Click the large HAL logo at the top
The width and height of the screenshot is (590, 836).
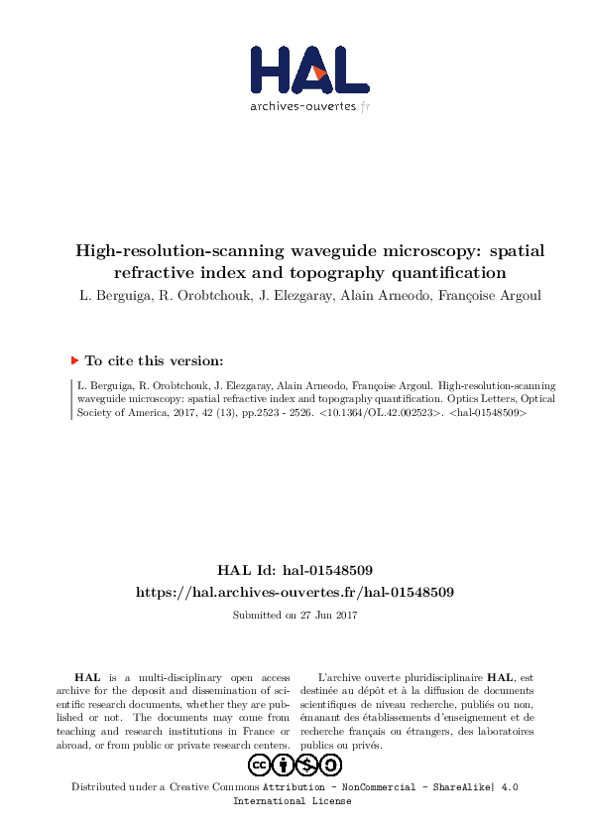click(x=308, y=70)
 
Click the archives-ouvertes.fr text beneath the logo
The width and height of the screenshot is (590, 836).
click(x=309, y=106)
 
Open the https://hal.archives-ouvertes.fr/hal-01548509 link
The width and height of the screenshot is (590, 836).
click(x=295, y=591)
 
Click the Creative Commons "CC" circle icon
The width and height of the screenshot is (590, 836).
click(x=260, y=765)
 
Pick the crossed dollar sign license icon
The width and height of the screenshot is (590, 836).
click(x=307, y=765)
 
